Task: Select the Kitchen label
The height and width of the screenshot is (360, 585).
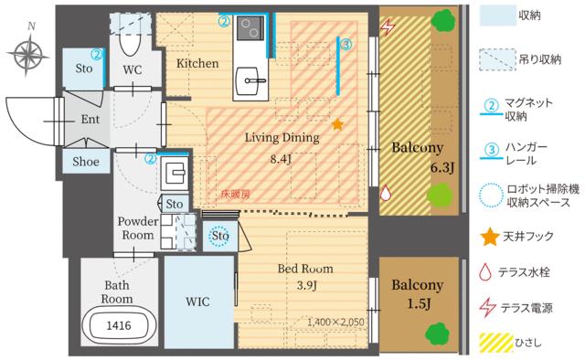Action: click(x=197, y=63)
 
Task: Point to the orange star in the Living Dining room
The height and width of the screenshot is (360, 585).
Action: click(x=337, y=123)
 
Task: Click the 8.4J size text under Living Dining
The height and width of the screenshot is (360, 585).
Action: click(x=282, y=158)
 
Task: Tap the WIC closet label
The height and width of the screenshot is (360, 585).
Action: click(x=198, y=301)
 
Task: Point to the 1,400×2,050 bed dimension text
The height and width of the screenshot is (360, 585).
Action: click(x=335, y=321)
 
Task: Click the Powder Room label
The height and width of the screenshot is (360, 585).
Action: click(x=139, y=228)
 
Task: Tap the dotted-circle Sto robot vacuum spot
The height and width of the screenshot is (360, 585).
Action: click(x=218, y=237)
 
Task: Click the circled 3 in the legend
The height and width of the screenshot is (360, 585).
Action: click(x=489, y=149)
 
